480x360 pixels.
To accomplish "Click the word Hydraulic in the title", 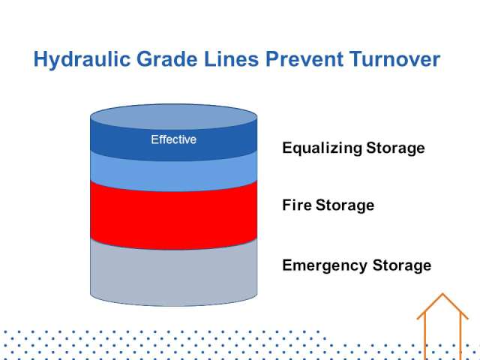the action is tap(82, 60).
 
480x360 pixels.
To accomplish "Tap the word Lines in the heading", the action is tap(232, 59).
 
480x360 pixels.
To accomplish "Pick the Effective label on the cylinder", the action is tap(173, 139).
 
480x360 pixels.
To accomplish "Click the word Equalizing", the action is tap(321, 148).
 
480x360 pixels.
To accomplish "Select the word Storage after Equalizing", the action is tap(395, 148).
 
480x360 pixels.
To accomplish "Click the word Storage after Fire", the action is tap(345, 205).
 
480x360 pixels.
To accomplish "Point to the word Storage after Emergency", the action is tap(402, 265).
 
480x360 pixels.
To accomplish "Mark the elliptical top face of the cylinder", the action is tap(173, 117).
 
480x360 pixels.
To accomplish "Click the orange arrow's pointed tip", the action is tap(442, 294).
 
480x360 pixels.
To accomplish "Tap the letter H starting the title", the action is tap(40, 59).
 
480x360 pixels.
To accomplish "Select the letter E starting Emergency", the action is tap(287, 265).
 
